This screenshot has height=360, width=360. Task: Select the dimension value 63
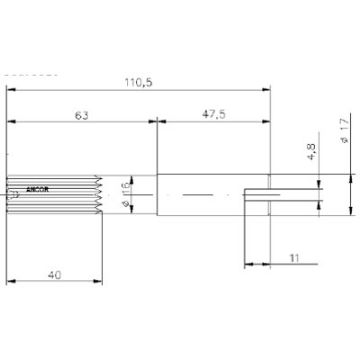coord(80,115)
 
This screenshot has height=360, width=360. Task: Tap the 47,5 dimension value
coord(212,115)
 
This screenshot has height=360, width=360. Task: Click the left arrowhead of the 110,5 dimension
coord(12,91)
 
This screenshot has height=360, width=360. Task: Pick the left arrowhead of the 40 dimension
coord(12,281)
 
